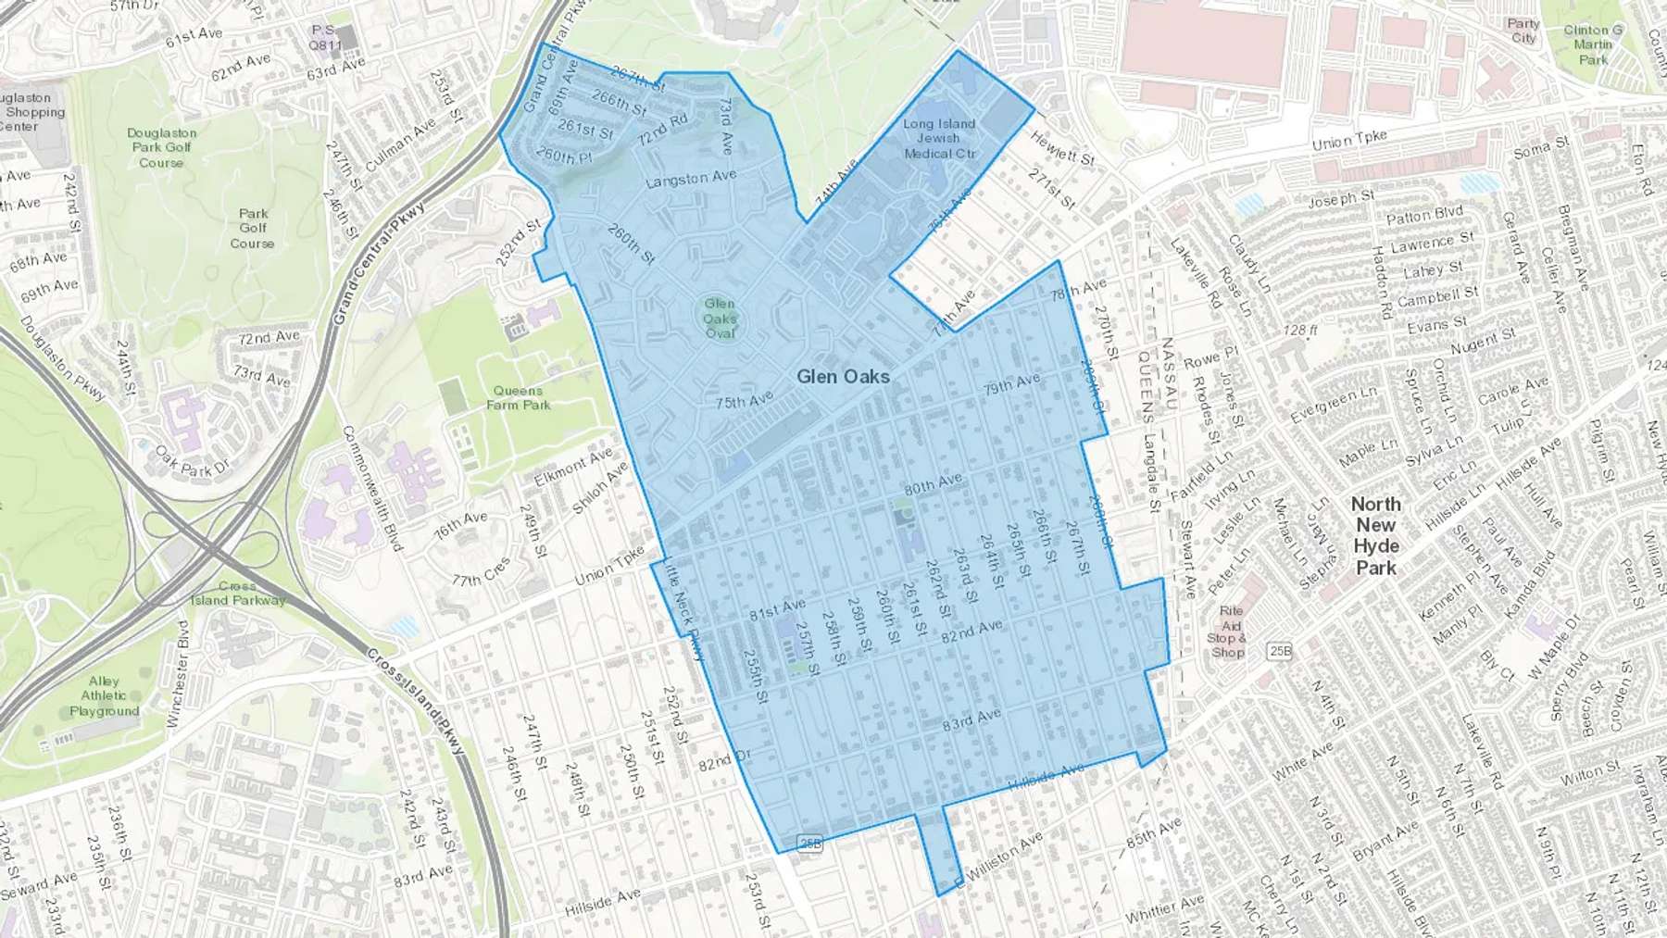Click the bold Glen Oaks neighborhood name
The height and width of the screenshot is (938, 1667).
click(x=843, y=377)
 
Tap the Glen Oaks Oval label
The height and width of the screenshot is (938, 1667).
click(x=720, y=318)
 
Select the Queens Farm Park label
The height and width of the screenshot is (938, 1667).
click(x=519, y=397)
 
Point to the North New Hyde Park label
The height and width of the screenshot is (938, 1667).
click(x=1375, y=535)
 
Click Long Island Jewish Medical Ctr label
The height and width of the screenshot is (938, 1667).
click(x=939, y=138)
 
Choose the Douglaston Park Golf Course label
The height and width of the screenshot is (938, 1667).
click(x=162, y=147)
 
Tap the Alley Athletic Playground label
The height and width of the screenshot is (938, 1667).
click(x=104, y=695)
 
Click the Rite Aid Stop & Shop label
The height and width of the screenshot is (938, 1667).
click(x=1229, y=632)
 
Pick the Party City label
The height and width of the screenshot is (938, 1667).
click(x=1523, y=31)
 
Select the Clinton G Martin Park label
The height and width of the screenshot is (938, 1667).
click(x=1593, y=44)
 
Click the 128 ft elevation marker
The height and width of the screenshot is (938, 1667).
click(x=1300, y=330)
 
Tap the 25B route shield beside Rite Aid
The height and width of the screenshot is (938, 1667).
click(x=1279, y=652)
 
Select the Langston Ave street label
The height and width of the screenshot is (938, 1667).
click(x=691, y=178)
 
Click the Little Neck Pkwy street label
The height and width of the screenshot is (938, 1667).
click(x=683, y=612)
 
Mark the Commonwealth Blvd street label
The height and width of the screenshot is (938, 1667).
click(x=373, y=488)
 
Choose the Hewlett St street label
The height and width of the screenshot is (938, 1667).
click(x=1062, y=147)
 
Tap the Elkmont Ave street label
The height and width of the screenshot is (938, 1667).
click(x=573, y=467)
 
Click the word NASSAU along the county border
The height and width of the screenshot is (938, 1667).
click(x=1169, y=374)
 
